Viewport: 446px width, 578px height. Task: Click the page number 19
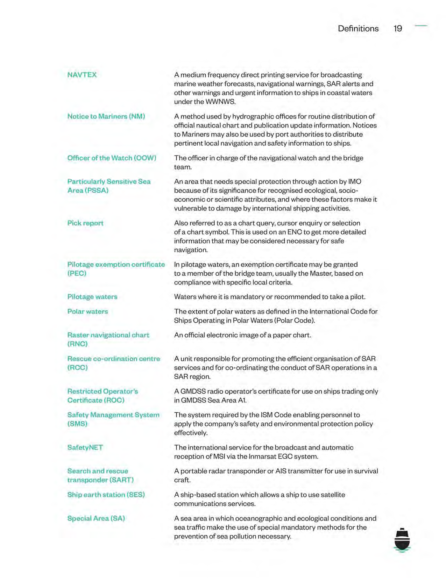[398, 28]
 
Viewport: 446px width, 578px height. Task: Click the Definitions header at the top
[358, 28]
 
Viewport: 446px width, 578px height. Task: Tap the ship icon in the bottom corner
[402, 540]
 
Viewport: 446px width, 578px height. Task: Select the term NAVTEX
[82, 75]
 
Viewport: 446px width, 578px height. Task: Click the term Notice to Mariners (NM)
[106, 116]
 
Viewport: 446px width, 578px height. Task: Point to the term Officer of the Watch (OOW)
[112, 158]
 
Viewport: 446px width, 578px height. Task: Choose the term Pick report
[85, 223]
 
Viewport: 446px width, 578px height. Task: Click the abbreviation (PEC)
[77, 274]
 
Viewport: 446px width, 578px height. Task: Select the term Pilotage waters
[92, 297]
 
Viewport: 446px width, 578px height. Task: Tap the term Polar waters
[87, 311]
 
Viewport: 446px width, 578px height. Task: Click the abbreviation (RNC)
[77, 344]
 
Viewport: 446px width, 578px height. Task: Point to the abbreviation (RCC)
[77, 368]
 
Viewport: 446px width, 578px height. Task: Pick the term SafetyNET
[85, 447]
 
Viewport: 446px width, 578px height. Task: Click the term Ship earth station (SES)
[106, 495]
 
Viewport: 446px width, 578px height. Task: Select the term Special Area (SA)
[96, 518]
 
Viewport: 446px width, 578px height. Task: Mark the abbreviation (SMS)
[77, 424]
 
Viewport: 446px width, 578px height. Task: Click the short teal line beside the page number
[421, 26]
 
